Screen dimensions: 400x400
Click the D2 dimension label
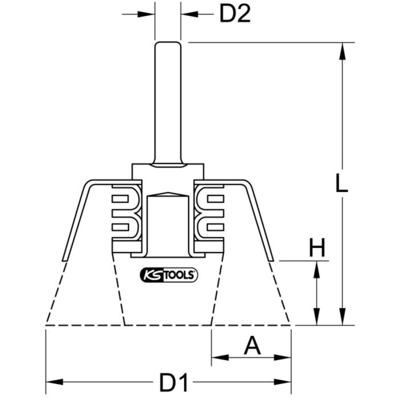(x=235, y=14)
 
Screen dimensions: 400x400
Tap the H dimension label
(x=317, y=248)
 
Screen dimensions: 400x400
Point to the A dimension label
(x=252, y=346)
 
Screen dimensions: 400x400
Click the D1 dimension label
(x=174, y=383)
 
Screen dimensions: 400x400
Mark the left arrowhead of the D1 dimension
(x=54, y=382)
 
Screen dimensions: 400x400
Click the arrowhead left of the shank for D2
(x=146, y=14)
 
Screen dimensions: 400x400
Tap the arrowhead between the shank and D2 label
(x=189, y=14)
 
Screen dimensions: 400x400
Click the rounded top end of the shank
(x=168, y=43)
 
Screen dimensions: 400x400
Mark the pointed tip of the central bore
(x=168, y=193)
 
